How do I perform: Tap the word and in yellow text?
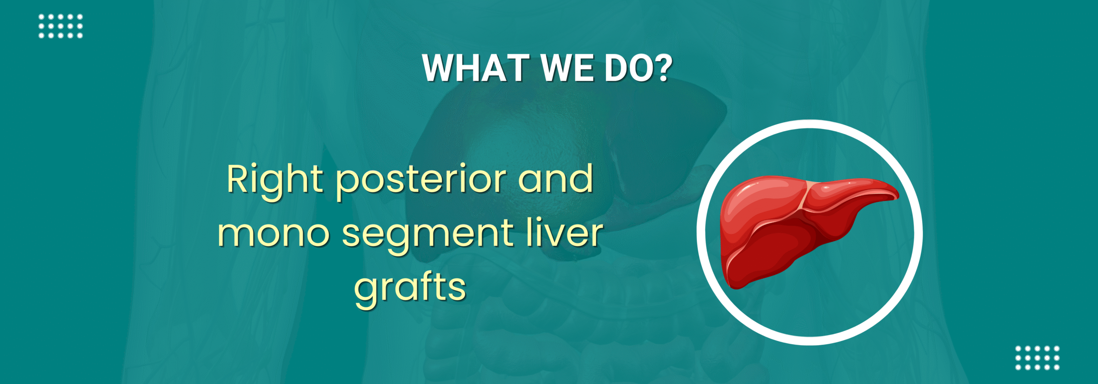tap(556, 179)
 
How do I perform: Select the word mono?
tap(274, 234)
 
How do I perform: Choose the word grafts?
tap(410, 288)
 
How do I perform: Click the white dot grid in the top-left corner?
tap(60, 26)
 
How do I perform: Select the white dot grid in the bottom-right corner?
tap(1037, 357)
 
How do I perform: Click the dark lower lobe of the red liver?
tap(772, 253)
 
